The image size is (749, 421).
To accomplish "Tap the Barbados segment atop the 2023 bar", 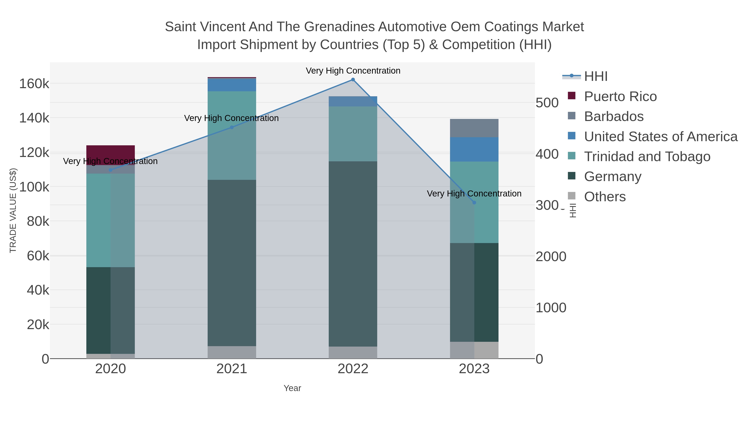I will (474, 128).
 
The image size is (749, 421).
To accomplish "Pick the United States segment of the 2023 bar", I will (474, 149).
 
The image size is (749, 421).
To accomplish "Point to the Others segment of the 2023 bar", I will (474, 350).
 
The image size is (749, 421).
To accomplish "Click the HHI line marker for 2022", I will (353, 80).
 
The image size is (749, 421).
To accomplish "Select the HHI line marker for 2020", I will (110, 170).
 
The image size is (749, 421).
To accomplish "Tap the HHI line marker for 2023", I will (474, 202).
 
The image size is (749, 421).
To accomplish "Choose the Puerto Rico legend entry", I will (620, 96).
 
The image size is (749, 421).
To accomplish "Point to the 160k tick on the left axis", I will (34, 84).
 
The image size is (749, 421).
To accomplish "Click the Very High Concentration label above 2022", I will (353, 71).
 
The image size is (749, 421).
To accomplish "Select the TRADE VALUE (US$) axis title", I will (13, 210).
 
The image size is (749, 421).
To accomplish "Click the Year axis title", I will (292, 388).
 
